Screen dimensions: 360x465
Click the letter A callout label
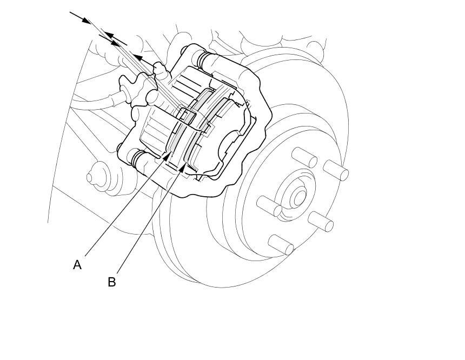[x=77, y=265]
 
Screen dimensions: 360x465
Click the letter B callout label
[x=111, y=282]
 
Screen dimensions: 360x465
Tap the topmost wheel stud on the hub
[x=304, y=157]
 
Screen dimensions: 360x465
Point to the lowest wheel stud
[x=281, y=244]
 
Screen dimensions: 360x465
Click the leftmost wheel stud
[x=269, y=206]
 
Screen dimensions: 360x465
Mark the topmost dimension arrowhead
[x=86, y=20]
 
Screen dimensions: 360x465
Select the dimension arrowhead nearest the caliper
[x=138, y=57]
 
